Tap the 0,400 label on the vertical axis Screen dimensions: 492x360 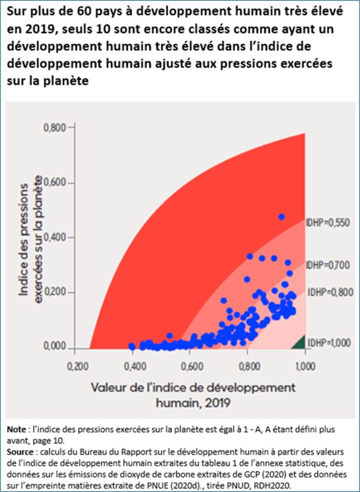coord(57,238)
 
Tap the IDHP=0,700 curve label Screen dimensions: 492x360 coord(328,265)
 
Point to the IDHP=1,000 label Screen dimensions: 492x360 coord(330,343)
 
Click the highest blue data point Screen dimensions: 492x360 coord(282,217)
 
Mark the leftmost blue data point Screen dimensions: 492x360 coord(132,346)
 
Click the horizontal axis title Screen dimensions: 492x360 coord(193,394)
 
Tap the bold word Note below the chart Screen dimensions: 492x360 coord(17,429)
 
